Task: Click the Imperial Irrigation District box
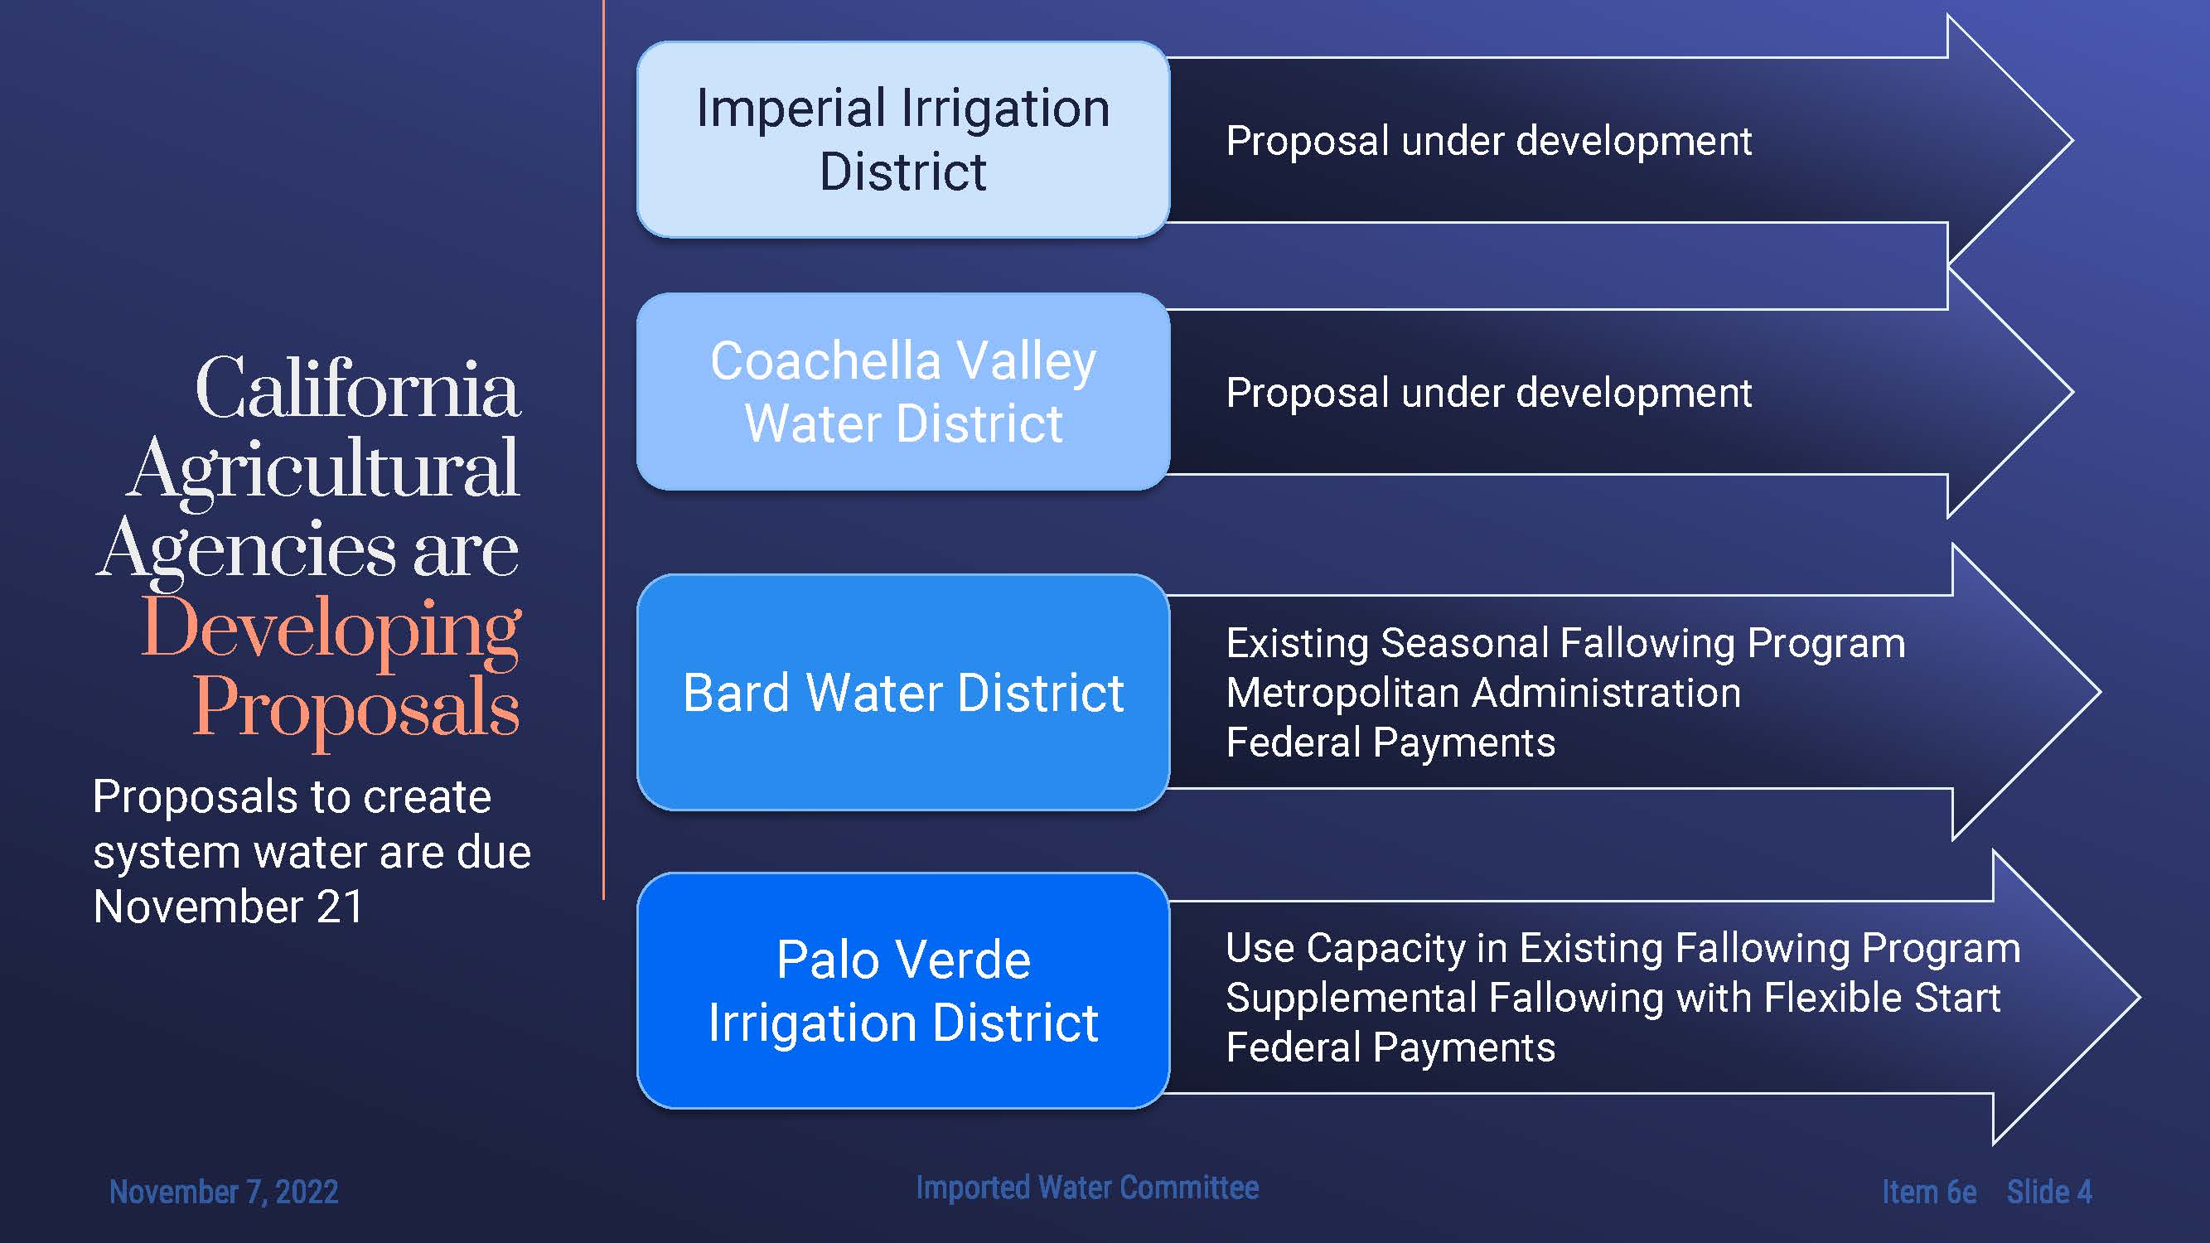click(903, 140)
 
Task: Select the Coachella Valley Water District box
click(903, 392)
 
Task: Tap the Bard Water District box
click(903, 692)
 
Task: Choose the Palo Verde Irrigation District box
click(903, 991)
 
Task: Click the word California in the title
click(358, 388)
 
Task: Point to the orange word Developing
click(331, 631)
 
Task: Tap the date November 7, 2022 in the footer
click(224, 1192)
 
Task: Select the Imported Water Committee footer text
click(1087, 1187)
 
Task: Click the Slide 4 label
click(2048, 1192)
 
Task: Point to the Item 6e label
click(1929, 1192)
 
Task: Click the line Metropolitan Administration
click(1483, 692)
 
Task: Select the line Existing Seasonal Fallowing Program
click(1565, 643)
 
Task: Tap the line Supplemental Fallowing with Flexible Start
click(1613, 998)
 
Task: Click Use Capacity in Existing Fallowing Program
click(1623, 949)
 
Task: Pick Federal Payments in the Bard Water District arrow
click(1390, 742)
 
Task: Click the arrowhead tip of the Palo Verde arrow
click(2140, 997)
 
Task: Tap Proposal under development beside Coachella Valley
click(1488, 394)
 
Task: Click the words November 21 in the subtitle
click(228, 907)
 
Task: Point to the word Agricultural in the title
click(323, 470)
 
